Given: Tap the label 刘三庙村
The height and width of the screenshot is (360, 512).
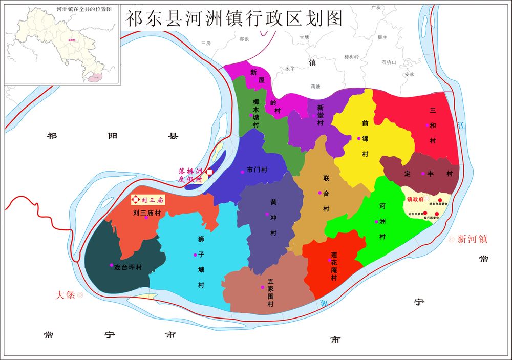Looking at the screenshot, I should pyautogui.click(x=147, y=212).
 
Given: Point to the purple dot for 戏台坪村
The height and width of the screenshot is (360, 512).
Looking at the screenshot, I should pyautogui.click(x=111, y=265).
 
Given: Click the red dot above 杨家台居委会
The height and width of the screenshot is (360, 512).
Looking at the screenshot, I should pyautogui.click(x=440, y=200).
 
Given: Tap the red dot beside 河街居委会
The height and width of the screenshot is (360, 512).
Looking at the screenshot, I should pyautogui.click(x=425, y=213).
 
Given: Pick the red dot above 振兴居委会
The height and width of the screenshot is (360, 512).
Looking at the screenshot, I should pyautogui.click(x=436, y=213).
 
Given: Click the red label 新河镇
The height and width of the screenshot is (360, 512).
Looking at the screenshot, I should pyautogui.click(x=472, y=239).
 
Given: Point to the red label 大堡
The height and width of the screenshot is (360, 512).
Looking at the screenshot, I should pyautogui.click(x=66, y=295).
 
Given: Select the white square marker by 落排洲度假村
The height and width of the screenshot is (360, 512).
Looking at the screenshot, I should pyautogui.click(x=209, y=172).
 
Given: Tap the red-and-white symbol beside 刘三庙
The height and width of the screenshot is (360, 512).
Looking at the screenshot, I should pyautogui.click(x=136, y=200).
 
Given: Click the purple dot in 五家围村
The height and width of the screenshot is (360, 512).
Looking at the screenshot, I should pyautogui.click(x=262, y=287).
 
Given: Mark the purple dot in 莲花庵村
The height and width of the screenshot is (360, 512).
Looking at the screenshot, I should pyautogui.click(x=329, y=260).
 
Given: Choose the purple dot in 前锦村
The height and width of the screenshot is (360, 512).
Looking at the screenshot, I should pyautogui.click(x=359, y=138).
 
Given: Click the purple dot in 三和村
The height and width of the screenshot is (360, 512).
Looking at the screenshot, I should pyautogui.click(x=427, y=125).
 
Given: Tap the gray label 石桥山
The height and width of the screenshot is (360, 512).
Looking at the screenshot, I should pyautogui.click(x=389, y=62).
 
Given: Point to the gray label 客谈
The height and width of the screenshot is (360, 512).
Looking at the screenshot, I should pyautogui.click(x=244, y=39).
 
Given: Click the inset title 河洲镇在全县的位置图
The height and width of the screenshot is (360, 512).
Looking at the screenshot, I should pyautogui.click(x=61, y=9).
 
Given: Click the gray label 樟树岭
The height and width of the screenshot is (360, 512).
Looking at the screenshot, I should pyautogui.click(x=352, y=56).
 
